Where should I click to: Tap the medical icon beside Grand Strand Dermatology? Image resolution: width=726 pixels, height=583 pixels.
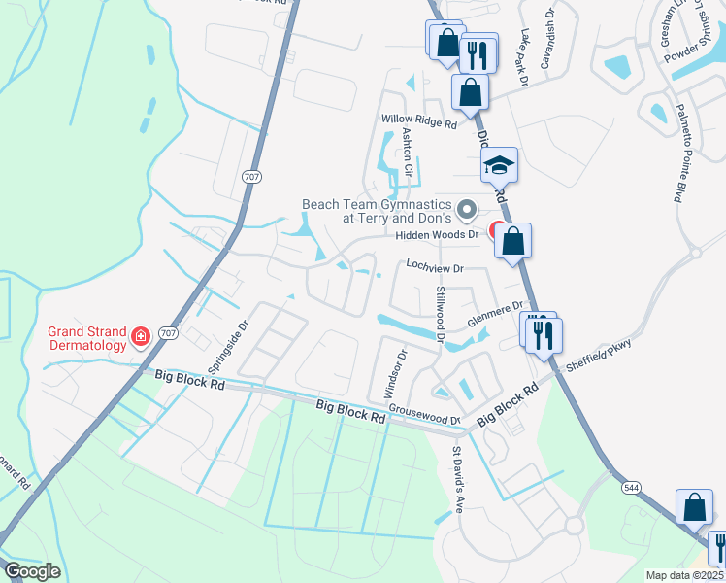pyautogui.click(x=141, y=336)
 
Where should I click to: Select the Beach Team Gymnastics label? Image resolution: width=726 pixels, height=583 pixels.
pyautogui.click(x=377, y=211)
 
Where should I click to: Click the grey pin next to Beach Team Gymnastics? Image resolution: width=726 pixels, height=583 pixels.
pyautogui.click(x=467, y=209)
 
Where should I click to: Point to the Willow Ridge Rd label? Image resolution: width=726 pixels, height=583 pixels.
pyautogui.click(x=418, y=122)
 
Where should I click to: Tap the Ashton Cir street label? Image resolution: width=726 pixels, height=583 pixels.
pyautogui.click(x=408, y=154)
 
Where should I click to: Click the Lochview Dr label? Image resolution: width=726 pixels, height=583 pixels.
pyautogui.click(x=436, y=265)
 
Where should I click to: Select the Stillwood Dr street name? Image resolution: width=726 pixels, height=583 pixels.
pyautogui.click(x=440, y=315)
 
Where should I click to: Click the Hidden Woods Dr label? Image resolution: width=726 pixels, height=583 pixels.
pyautogui.click(x=439, y=235)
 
